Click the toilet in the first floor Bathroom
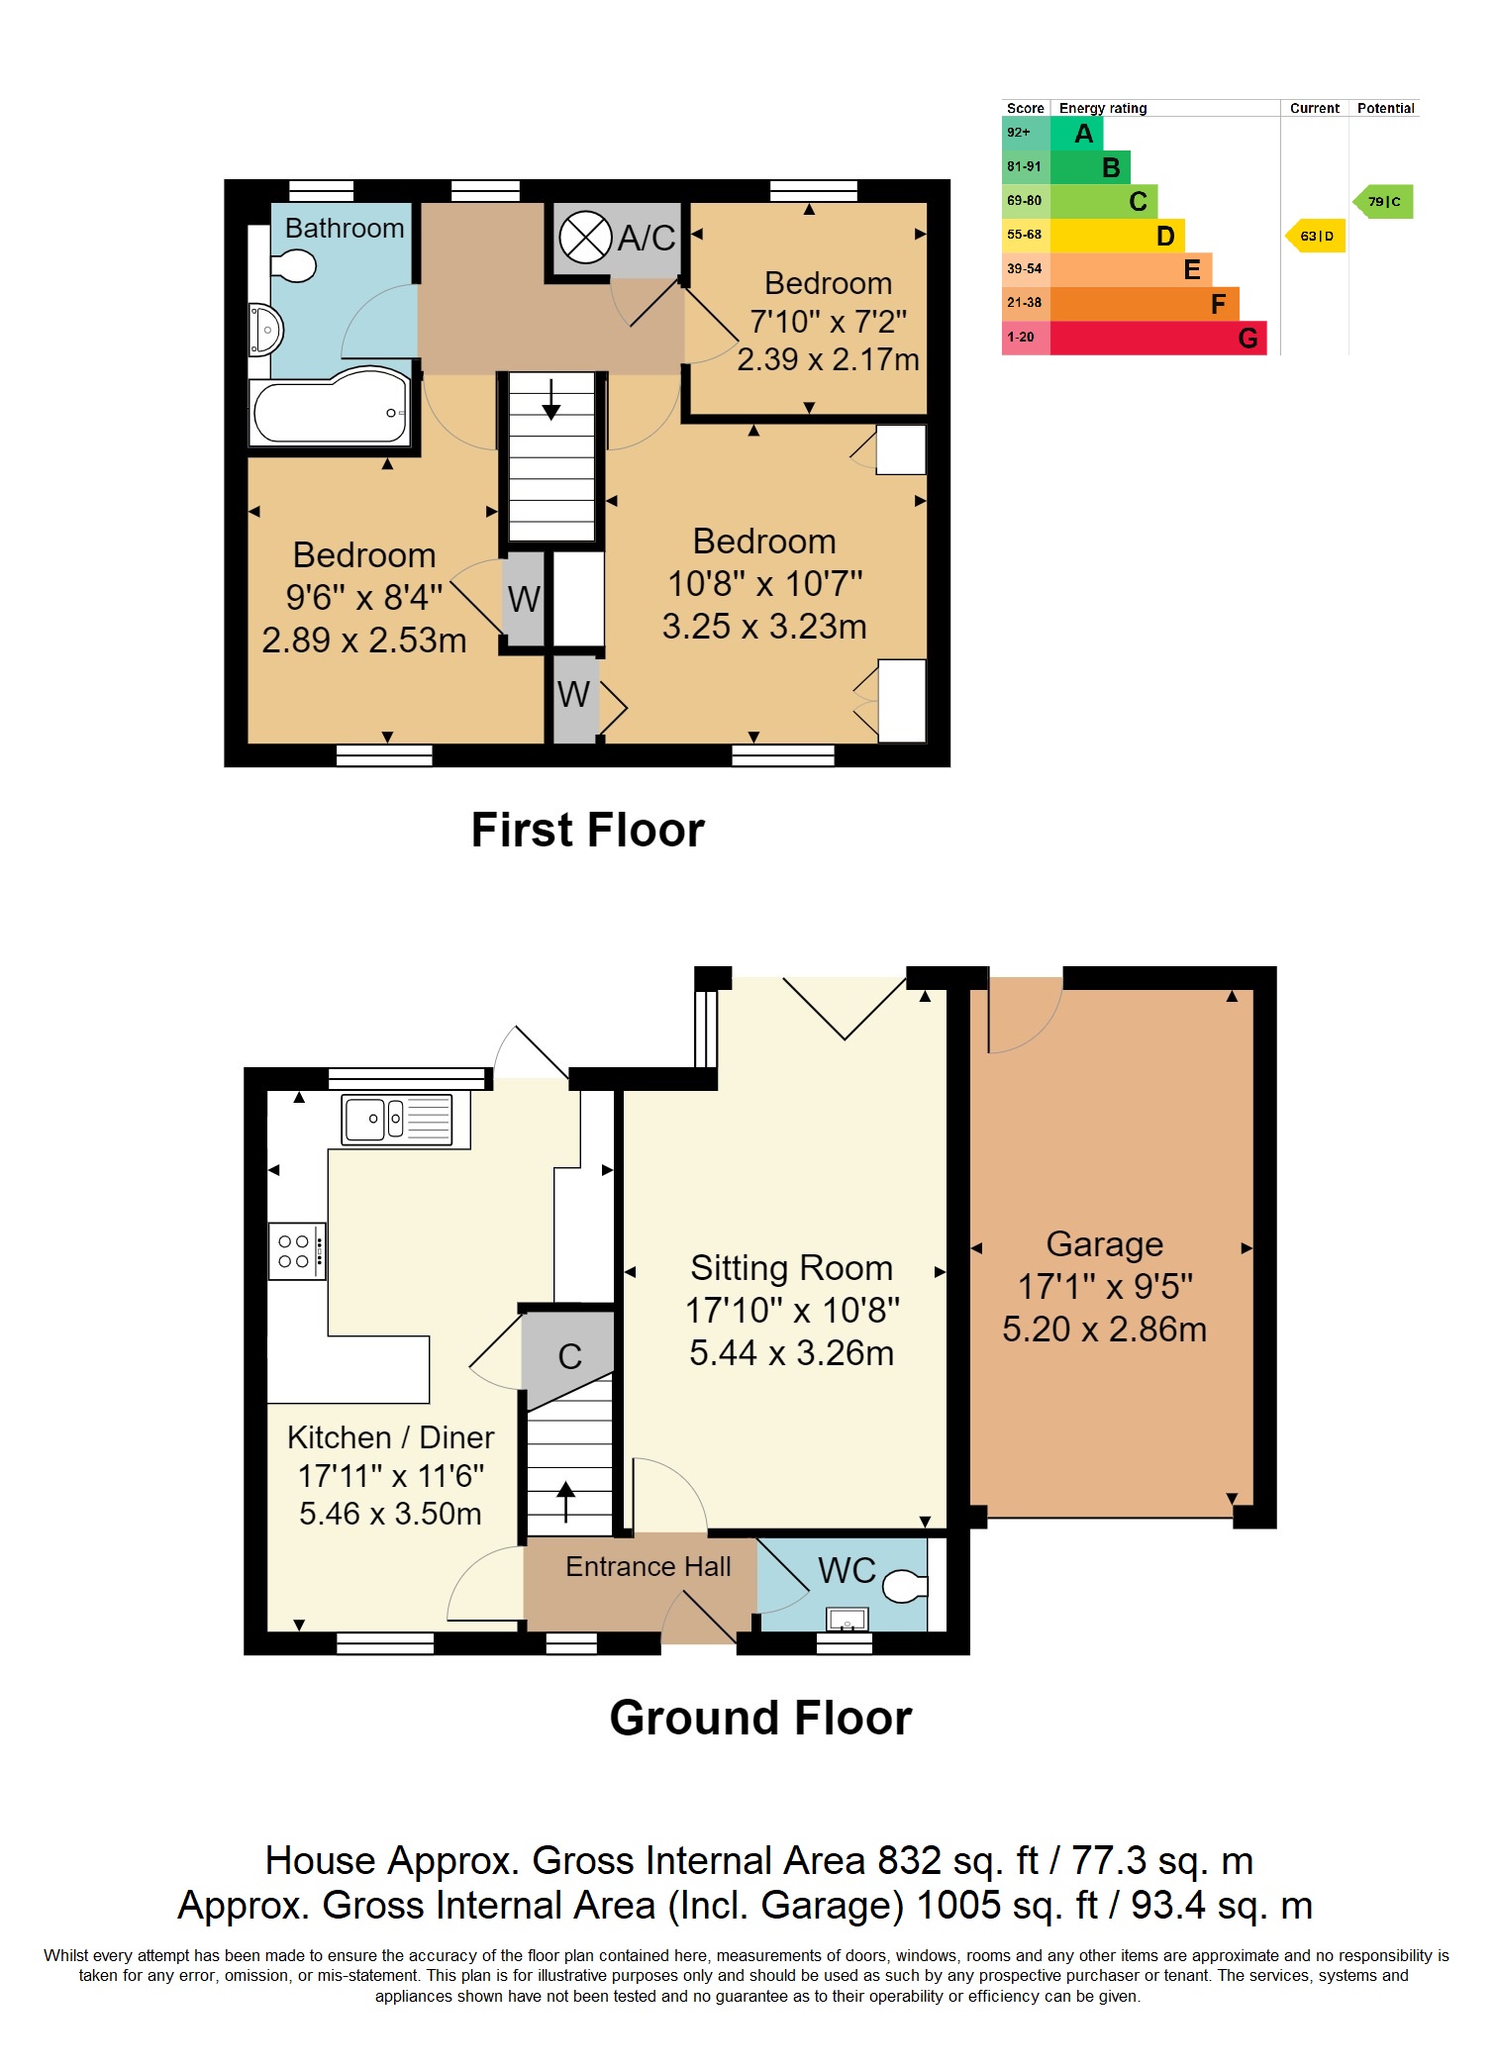tap(292, 265)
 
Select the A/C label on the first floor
tap(647, 238)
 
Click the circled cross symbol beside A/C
tap(585, 238)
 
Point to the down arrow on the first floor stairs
tap(551, 400)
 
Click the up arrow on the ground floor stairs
tap(566, 1501)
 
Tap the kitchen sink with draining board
tap(397, 1119)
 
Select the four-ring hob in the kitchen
tap(296, 1251)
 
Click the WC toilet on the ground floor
tap(903, 1586)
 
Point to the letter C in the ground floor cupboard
tap(569, 1356)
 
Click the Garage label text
tap(1104, 1243)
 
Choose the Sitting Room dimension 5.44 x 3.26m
tap(791, 1352)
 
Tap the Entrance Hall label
tap(648, 1566)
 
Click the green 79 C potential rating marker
tap(1383, 202)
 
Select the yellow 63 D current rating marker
tap(1316, 236)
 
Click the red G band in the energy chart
tap(1158, 339)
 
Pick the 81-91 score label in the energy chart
tap(1024, 166)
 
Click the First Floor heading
tap(587, 830)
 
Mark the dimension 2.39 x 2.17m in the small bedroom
tap(828, 359)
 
